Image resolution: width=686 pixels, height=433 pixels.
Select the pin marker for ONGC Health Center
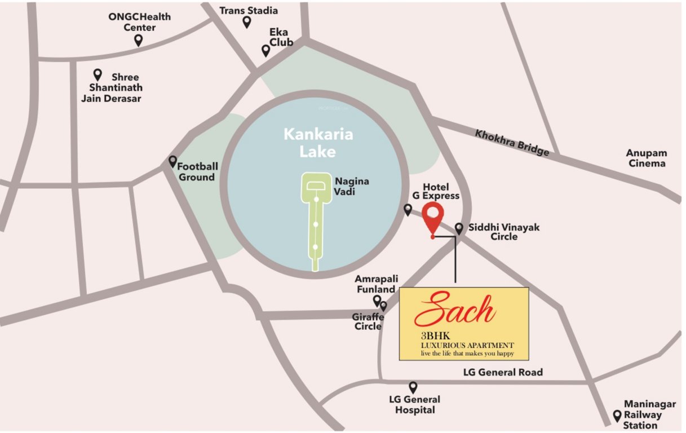click(x=138, y=40)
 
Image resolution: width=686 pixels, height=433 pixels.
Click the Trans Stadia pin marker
click(x=246, y=22)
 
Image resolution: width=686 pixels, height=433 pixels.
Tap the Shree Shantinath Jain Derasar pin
click(x=98, y=74)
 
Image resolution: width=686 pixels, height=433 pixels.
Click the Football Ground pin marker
click(x=173, y=161)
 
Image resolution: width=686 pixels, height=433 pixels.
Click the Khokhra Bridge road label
click(x=512, y=143)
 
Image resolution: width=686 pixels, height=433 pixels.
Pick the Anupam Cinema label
click(x=646, y=158)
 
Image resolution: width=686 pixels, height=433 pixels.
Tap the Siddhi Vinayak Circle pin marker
click(x=459, y=228)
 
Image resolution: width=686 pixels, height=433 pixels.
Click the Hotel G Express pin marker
click(x=408, y=210)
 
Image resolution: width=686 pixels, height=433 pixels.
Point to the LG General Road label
click(x=503, y=372)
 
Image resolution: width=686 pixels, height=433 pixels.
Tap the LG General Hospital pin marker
click(x=413, y=387)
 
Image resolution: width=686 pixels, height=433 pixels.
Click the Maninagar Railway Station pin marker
click(x=617, y=416)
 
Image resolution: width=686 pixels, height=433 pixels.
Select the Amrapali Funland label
click(x=375, y=284)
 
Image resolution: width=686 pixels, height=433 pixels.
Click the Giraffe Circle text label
click(x=368, y=321)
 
